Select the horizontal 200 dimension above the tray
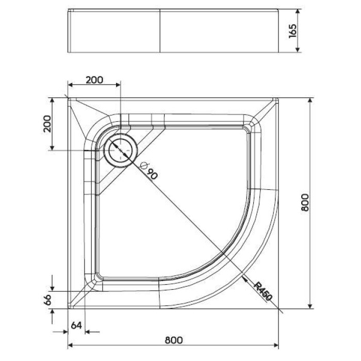tap(94, 79)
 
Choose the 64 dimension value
tap(76, 325)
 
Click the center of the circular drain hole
tap(121, 149)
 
